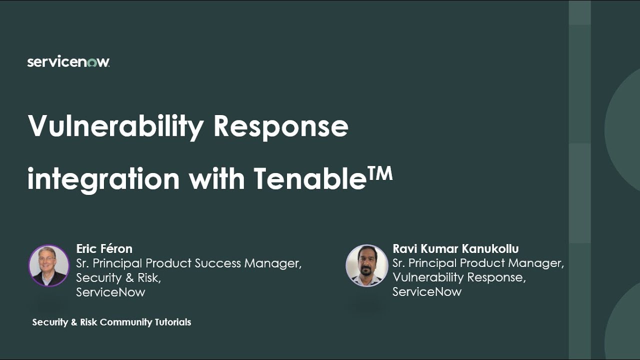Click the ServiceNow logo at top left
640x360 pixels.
(x=68, y=62)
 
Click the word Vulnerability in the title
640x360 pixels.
(x=115, y=126)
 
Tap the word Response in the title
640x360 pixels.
(x=280, y=126)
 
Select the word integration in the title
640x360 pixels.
(x=103, y=179)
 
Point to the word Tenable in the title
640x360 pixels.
(x=309, y=179)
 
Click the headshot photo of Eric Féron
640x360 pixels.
(x=48, y=265)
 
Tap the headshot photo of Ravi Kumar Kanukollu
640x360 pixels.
(x=366, y=265)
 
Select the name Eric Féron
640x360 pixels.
(x=104, y=248)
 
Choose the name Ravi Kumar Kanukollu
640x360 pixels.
(x=455, y=248)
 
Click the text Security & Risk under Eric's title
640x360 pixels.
(x=118, y=277)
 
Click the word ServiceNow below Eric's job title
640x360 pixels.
(x=110, y=292)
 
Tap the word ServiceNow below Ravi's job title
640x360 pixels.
(x=426, y=292)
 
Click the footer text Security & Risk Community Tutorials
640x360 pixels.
(x=111, y=322)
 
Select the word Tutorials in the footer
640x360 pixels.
(x=172, y=322)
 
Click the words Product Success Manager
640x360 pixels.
(x=223, y=263)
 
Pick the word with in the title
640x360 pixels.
(x=216, y=179)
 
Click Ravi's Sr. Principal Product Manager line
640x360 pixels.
(x=478, y=263)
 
